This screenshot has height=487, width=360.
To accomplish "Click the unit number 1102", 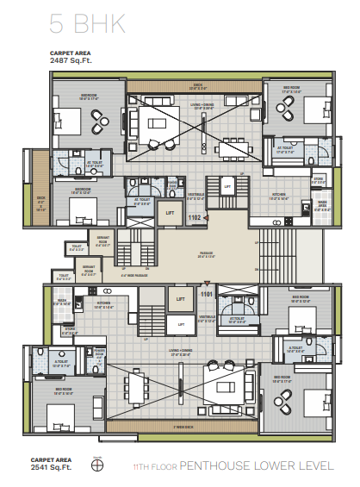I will coord(195,219).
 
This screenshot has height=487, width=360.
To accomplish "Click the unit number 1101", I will coord(207,294).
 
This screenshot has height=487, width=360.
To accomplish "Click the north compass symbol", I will coord(97,466).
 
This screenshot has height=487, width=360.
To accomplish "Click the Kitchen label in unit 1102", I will coord(279,197).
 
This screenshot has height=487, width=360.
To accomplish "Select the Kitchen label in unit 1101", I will coord(105,304).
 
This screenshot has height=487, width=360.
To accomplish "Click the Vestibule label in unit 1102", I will coord(196,195).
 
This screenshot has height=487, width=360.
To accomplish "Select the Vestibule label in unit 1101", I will coord(208,318).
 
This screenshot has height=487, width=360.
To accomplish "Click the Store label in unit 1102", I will coord(319,178).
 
